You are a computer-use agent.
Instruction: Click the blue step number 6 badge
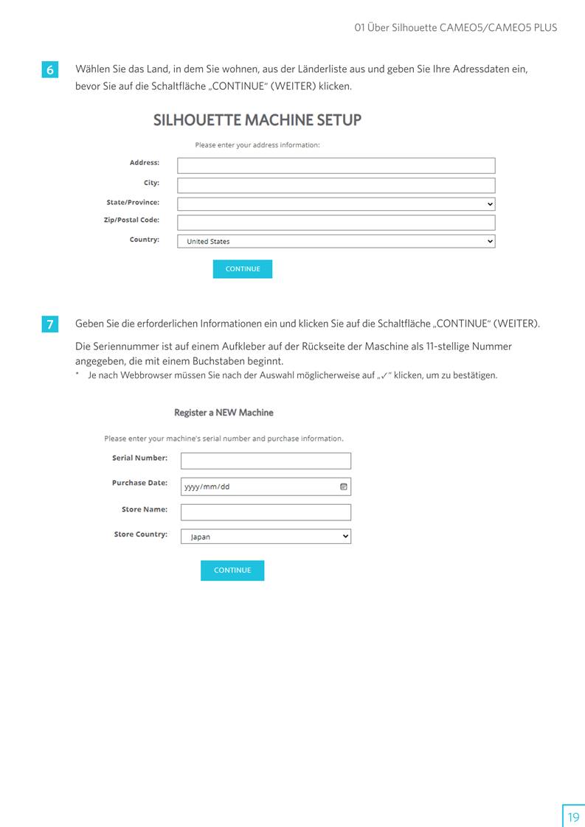click(49, 70)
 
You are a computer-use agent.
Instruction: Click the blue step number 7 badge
click(49, 324)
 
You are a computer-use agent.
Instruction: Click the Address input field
click(336, 165)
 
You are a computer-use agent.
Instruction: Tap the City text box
click(336, 185)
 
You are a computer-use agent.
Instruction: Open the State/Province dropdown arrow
click(490, 204)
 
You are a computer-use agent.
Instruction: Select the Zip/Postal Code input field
click(336, 223)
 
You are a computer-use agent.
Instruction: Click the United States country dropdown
click(336, 241)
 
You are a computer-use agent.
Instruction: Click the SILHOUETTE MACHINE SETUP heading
click(257, 120)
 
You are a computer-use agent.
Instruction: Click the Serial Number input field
click(266, 461)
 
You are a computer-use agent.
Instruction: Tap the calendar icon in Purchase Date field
click(343, 486)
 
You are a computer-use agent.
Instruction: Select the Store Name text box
click(266, 512)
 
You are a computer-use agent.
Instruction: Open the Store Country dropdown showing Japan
click(266, 537)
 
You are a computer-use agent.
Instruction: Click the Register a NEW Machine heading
click(224, 412)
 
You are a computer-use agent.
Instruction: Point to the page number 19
click(573, 817)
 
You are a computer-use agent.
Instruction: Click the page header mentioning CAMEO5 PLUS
click(455, 28)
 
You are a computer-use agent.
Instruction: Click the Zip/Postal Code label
click(131, 220)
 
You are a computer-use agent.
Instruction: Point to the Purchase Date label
click(139, 483)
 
